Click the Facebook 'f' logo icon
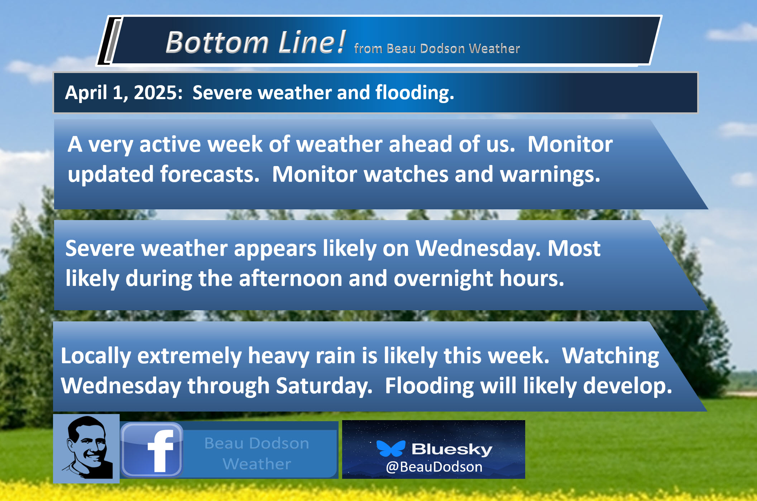(x=152, y=450)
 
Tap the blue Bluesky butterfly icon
(x=391, y=448)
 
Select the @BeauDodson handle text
(x=434, y=467)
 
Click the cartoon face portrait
(x=86, y=448)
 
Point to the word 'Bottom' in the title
(x=217, y=42)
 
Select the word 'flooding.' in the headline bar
(x=415, y=93)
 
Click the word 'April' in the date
(x=86, y=93)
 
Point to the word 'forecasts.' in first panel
(x=210, y=174)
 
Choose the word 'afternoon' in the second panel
(x=291, y=278)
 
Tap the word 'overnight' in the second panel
(x=444, y=279)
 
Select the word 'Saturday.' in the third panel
(x=324, y=386)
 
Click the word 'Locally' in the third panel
(x=96, y=356)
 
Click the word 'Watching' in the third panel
(x=610, y=356)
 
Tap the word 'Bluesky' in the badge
(x=452, y=449)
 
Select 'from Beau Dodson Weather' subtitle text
(x=437, y=48)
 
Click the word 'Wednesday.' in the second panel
(x=478, y=248)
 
